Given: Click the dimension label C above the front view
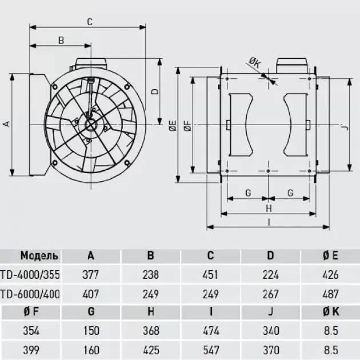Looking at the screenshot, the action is tap(90, 22).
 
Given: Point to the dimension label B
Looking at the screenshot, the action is tap(61, 41).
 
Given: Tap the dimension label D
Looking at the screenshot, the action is tap(155, 91).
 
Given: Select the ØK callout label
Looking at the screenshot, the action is tap(255, 62).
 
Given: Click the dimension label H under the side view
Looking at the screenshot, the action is tap(269, 209).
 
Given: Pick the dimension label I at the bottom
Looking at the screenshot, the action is tap(269, 222).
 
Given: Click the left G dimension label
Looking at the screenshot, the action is tap(248, 193).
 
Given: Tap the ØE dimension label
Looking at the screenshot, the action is tap(173, 126).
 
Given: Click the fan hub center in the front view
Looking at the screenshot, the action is tap(91, 125).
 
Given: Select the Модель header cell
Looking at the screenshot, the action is tap(39, 255).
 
